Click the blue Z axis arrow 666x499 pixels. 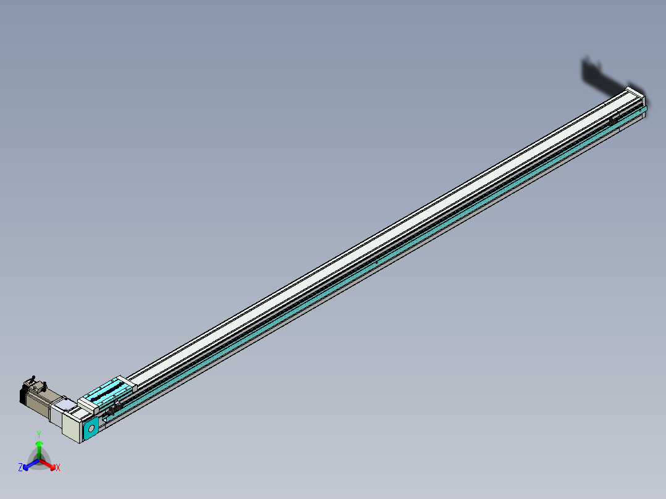[28, 465]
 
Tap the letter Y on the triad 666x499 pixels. [39, 435]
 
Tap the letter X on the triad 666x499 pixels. [58, 468]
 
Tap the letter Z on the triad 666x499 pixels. [20, 468]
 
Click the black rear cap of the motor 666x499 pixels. [23, 396]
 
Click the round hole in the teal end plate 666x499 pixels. [91, 427]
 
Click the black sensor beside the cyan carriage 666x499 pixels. [113, 408]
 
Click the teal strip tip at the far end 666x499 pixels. [644, 110]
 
